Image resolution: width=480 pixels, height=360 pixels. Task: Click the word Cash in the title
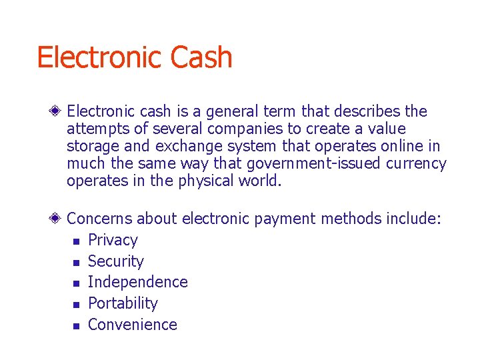201,58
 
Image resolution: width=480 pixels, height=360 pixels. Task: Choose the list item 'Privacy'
113,240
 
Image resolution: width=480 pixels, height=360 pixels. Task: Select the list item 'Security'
115,261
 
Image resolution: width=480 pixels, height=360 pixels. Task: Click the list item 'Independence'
137,282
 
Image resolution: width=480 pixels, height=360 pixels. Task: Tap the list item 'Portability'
123,303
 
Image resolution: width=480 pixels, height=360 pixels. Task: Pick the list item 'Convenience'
132,325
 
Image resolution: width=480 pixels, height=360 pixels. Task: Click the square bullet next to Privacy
77,241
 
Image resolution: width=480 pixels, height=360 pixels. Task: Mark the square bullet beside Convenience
77,326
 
